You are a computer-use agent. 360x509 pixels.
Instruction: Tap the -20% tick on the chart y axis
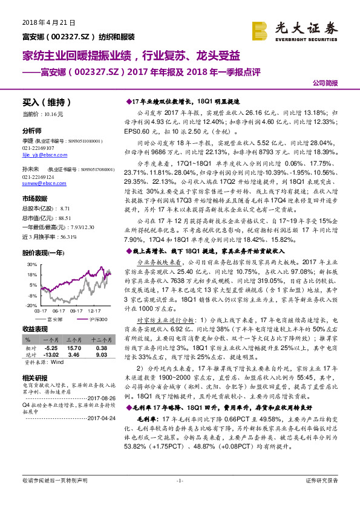pyautogui.click(x=30, y=305)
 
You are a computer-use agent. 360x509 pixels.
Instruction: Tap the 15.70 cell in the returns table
pyautogui.click(x=74, y=349)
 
